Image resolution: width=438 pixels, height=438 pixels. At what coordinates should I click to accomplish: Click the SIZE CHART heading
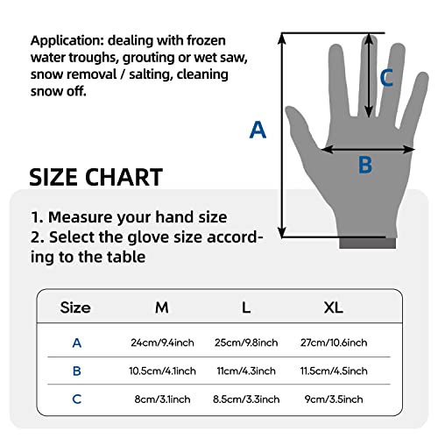pos(96,177)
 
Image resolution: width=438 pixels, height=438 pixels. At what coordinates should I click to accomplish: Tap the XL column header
pos(333,307)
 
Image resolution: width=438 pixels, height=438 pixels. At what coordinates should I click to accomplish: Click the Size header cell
pos(75,307)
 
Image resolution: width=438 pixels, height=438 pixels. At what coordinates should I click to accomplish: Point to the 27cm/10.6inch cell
pos(334,342)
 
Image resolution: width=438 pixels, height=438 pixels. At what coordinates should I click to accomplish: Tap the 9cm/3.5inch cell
pos(334,399)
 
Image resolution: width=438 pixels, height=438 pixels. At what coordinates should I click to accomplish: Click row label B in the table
pos(76,371)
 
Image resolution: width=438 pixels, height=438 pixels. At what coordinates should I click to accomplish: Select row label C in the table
pos(76,399)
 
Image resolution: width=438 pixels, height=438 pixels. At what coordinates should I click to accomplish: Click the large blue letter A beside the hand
pos(258,130)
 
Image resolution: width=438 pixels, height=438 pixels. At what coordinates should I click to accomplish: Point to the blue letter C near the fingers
pos(386,78)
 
